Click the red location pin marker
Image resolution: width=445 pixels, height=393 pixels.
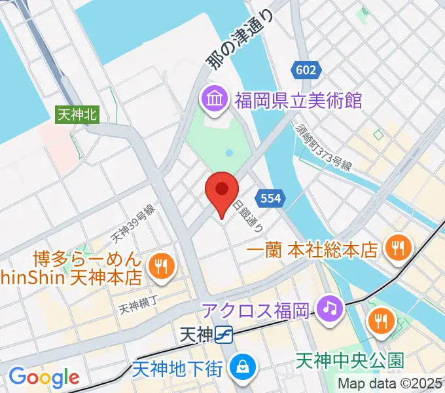point(221,192)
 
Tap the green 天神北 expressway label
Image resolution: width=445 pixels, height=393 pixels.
point(77,114)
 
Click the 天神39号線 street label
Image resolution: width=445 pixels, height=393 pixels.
point(132,222)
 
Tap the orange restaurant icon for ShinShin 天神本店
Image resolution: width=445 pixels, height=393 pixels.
point(160,265)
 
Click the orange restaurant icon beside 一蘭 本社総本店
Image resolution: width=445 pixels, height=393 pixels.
point(397,248)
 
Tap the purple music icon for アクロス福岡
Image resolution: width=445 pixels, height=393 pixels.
point(329,307)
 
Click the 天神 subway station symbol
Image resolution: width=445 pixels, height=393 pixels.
point(224,335)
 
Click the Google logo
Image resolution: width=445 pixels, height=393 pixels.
point(44,377)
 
